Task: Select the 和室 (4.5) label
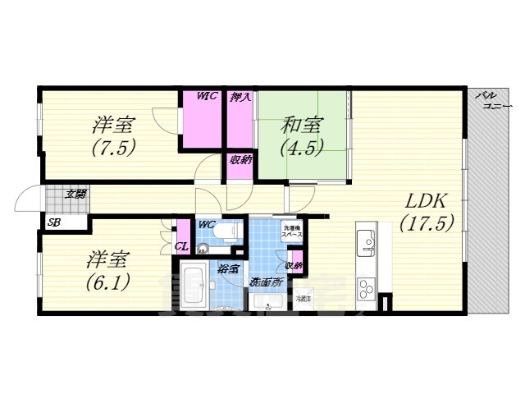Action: point(303,136)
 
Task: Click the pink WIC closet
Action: point(203,120)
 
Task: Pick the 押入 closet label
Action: point(240,98)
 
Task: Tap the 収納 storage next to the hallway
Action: point(240,161)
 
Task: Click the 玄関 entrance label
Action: point(75,195)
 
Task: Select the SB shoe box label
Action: point(53,222)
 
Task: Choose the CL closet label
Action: point(181,245)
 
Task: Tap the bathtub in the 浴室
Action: point(194,284)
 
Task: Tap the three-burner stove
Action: point(365,290)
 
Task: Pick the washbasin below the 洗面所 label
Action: point(265,302)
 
